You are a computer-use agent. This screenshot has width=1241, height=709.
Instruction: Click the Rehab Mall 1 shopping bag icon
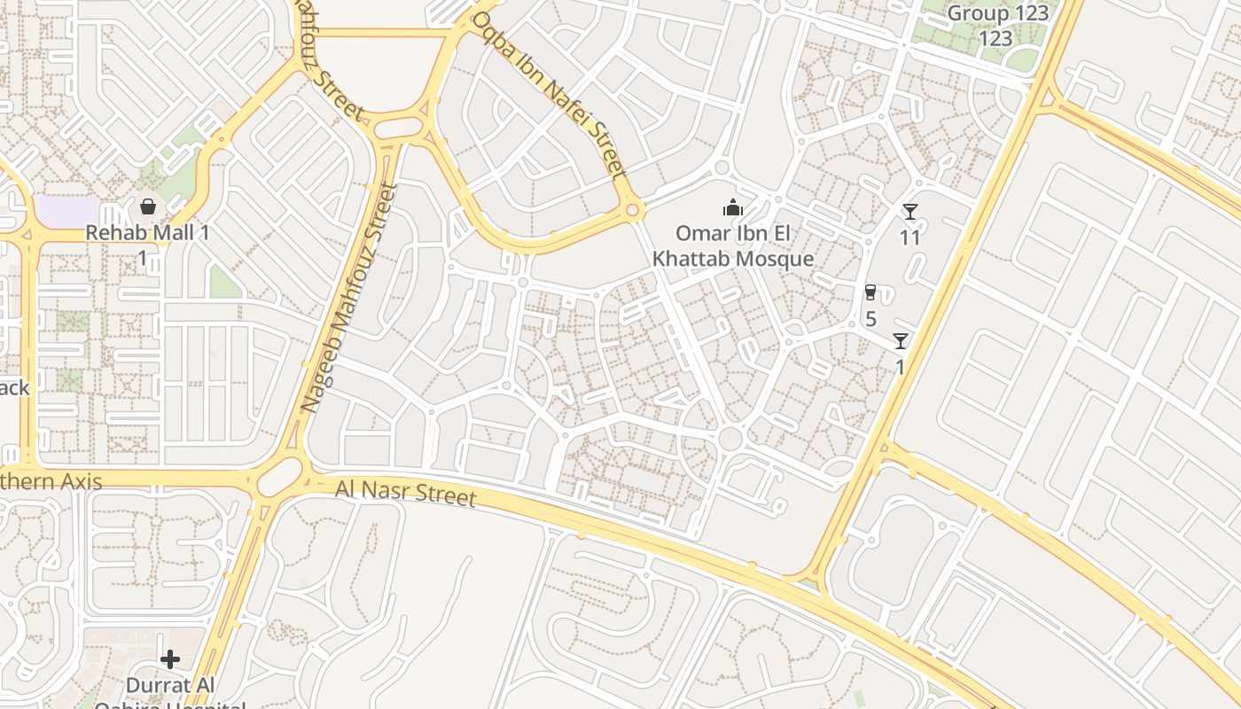[x=148, y=207]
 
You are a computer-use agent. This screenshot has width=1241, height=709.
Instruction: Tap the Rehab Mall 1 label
[x=148, y=233]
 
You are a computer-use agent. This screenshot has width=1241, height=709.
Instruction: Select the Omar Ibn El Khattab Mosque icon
[x=733, y=208]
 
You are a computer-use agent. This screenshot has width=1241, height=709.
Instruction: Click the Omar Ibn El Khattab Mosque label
[x=733, y=246]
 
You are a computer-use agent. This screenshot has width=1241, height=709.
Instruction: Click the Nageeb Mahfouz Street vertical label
[x=347, y=297]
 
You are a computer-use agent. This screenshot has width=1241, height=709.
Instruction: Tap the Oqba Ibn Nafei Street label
[x=550, y=92]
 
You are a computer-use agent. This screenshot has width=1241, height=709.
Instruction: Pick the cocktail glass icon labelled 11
[x=910, y=212]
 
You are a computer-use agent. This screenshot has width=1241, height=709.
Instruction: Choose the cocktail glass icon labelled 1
[x=901, y=341]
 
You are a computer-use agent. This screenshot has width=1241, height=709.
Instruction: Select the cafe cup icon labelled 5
[x=870, y=292]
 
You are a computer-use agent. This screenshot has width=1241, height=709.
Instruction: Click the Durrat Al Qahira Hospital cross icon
[x=170, y=659]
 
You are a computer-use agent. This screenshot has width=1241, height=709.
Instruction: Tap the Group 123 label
[x=998, y=14]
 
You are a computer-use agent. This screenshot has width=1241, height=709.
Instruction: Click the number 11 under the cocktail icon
[x=910, y=238]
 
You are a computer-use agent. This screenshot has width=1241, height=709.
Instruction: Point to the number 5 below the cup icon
[x=870, y=319]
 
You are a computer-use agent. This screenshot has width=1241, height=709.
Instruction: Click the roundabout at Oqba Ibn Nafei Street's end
[x=632, y=211]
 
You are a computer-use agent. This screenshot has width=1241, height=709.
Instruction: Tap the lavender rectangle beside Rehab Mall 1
[x=67, y=212]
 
